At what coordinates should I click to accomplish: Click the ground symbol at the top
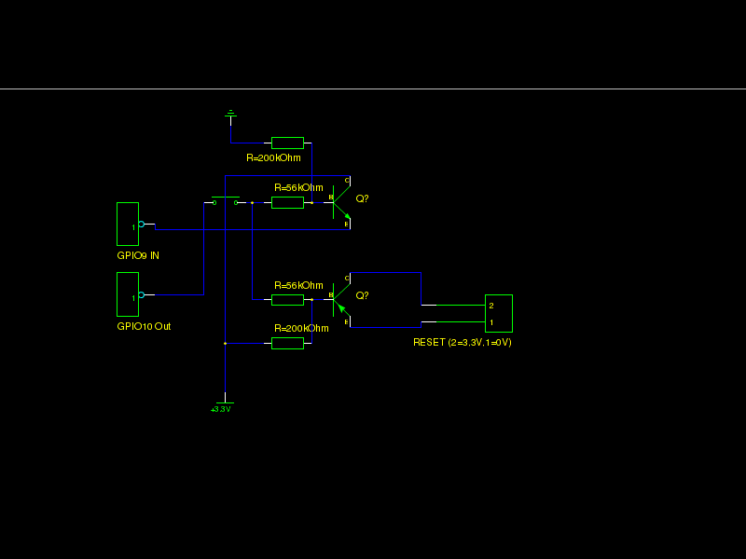(230, 115)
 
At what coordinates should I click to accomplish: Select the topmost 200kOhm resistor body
(287, 143)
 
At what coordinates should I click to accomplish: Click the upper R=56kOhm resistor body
(287, 202)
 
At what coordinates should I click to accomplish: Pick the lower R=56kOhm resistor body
(287, 299)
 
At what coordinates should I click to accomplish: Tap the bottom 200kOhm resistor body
(287, 343)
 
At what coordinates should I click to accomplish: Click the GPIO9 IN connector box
(128, 224)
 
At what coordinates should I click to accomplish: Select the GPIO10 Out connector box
(128, 294)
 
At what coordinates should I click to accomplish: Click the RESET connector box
(499, 313)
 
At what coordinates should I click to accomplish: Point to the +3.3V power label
(221, 409)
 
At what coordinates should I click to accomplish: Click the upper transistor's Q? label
(362, 198)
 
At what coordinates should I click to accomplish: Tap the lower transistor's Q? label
(362, 295)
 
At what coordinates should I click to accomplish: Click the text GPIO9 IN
(138, 255)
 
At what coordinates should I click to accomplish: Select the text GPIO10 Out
(144, 326)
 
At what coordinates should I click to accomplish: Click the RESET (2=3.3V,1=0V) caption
(463, 342)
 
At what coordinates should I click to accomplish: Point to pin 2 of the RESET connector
(491, 306)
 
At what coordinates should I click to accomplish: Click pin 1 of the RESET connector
(491, 322)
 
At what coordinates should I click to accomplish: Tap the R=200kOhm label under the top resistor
(273, 157)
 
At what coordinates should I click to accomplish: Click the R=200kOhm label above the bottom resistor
(301, 329)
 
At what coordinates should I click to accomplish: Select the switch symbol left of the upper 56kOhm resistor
(226, 200)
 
